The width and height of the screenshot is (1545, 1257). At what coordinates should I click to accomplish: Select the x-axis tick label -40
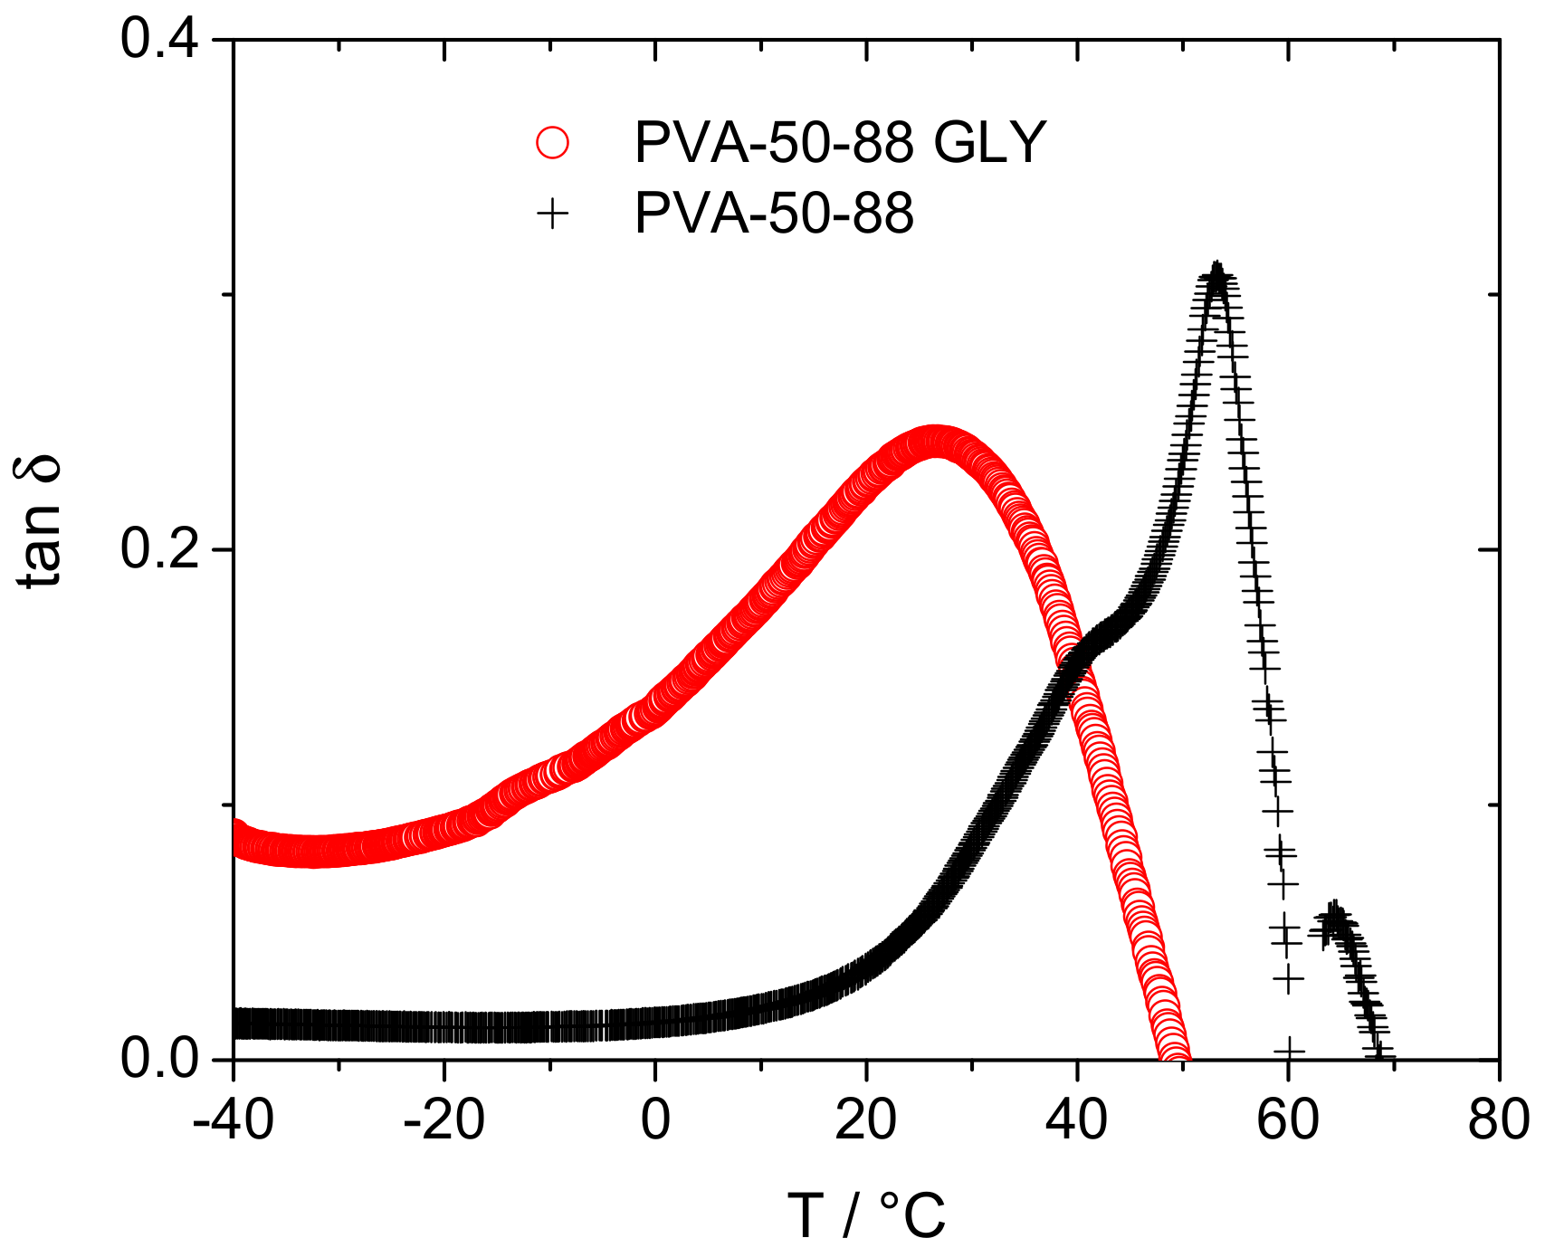233,1119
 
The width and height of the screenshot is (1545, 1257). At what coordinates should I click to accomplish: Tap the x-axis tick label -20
443,1119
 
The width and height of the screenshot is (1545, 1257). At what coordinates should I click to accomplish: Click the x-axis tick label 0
655,1119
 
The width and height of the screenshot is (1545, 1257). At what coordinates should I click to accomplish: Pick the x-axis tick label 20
866,1119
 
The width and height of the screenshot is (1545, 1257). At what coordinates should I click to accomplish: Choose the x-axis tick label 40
1077,1119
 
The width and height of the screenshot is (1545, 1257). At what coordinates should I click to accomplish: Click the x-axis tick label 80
1498,1119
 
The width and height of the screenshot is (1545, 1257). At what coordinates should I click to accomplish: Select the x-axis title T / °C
866,1215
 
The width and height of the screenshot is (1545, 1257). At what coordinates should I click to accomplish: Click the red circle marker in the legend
552,143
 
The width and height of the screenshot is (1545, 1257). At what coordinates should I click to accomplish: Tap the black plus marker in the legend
552,214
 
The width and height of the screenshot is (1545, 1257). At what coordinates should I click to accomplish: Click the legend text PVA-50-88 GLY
840,143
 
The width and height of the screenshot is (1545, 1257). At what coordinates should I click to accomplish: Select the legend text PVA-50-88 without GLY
774,214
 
